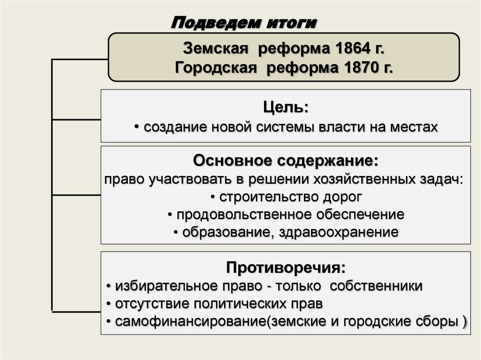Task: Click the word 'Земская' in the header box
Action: pyautogui.click(x=215, y=49)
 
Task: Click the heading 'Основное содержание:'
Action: pyautogui.click(x=286, y=161)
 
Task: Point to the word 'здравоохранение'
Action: pyautogui.click(x=339, y=232)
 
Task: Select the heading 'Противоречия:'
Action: pyautogui.click(x=286, y=268)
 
